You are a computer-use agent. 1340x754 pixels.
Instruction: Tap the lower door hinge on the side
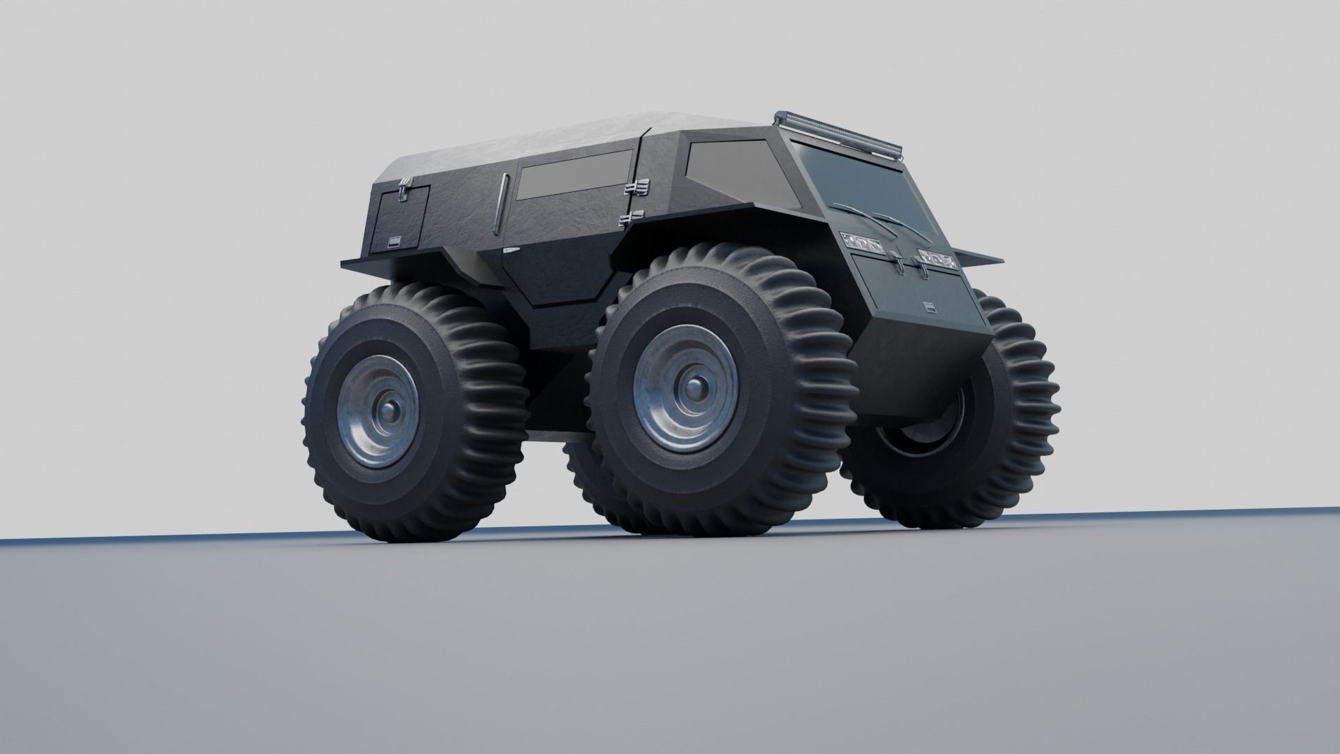[x=631, y=218]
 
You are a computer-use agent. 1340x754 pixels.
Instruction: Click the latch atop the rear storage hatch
[x=403, y=188]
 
